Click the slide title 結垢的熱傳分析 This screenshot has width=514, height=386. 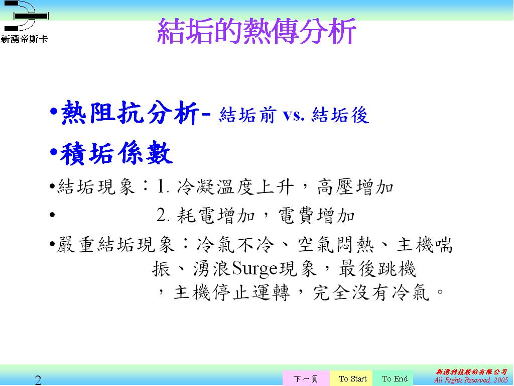(256, 31)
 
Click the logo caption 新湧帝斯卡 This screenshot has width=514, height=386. (24, 39)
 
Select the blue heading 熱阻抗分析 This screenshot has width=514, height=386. (130, 113)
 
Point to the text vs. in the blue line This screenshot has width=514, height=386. (294, 115)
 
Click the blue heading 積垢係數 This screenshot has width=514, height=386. (116, 153)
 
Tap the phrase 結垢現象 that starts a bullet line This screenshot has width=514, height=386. (96, 187)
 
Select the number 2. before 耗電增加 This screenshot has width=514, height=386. (163, 216)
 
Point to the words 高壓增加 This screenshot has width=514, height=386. (355, 187)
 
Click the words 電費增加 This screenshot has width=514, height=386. (317, 216)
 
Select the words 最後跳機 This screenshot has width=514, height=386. (377, 269)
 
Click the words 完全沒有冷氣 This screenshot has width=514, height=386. (371, 293)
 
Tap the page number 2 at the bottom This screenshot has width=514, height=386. (38, 380)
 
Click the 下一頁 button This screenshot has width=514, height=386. (306, 378)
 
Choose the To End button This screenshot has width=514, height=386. (395, 378)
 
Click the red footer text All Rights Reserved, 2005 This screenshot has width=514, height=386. (471, 380)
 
